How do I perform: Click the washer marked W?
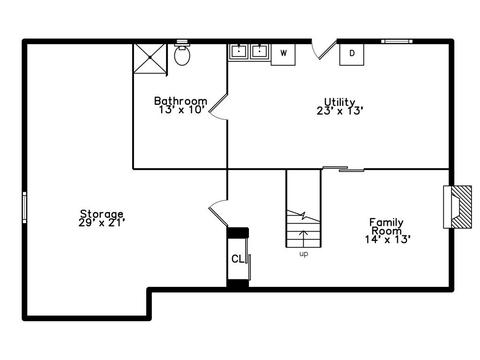click(283, 54)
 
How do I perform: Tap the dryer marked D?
click(352, 54)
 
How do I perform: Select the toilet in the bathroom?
click(182, 53)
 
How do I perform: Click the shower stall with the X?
click(150, 58)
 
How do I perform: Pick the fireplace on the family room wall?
click(457, 207)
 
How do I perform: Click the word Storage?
click(102, 214)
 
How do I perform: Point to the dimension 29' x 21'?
click(102, 222)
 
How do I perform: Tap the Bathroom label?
click(181, 101)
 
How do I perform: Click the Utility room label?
click(340, 102)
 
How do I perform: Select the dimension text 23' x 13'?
click(340, 111)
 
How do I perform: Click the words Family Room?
click(386, 226)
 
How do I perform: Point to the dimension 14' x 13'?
click(387, 239)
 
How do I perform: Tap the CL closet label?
click(238, 259)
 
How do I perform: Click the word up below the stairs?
click(304, 254)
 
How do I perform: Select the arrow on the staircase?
click(303, 238)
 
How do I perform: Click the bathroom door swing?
click(217, 107)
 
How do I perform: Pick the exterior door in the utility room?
click(324, 50)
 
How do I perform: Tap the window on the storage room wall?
click(24, 207)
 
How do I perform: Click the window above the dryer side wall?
click(397, 41)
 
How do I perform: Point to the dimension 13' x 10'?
click(181, 109)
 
